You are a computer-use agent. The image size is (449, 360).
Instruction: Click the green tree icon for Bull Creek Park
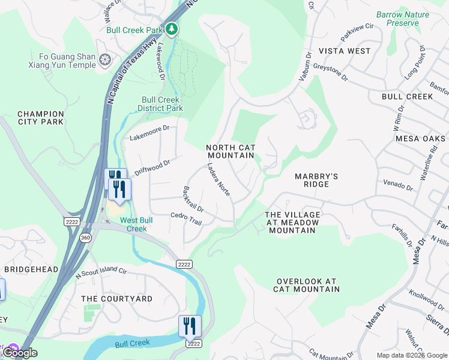point(172,29)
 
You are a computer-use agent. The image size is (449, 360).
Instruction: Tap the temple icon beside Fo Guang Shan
point(106,60)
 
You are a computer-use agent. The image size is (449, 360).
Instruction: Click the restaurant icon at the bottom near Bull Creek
point(190,326)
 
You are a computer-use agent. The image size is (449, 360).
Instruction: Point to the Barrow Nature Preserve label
point(403,19)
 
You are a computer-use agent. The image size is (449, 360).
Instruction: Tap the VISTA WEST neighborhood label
point(345,51)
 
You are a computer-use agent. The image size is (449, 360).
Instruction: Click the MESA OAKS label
point(421,138)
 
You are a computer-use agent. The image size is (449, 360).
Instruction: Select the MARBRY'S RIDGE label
point(316,180)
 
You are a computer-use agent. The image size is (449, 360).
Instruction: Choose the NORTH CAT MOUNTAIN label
point(231,151)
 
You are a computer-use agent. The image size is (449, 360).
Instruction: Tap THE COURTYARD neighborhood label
point(116,299)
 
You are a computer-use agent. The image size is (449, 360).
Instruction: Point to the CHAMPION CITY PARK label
point(41,118)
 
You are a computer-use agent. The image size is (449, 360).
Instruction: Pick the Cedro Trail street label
point(186,218)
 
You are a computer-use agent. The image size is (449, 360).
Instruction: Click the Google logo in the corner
point(19,353)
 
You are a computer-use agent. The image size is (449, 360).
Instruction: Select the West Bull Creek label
point(133,224)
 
